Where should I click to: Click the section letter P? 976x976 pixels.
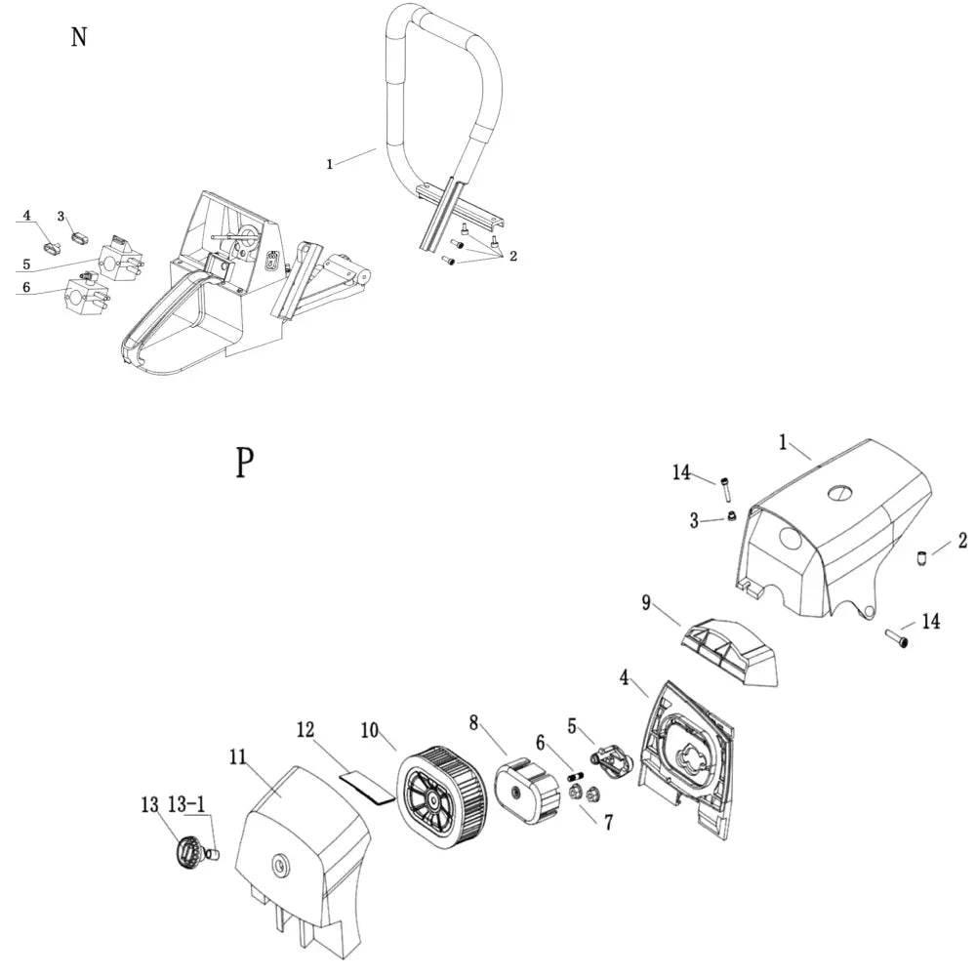point(244,462)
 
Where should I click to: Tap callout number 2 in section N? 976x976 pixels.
point(512,256)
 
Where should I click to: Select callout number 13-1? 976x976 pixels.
point(186,805)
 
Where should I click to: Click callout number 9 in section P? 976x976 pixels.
point(646,602)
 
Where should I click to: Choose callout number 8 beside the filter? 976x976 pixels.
point(474,723)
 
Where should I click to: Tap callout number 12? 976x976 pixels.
point(306,729)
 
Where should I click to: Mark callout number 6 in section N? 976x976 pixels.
point(26,287)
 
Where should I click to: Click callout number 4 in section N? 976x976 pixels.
point(27,216)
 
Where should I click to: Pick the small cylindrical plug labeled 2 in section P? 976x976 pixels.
point(920,559)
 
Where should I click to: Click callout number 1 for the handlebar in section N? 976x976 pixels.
point(330,164)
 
